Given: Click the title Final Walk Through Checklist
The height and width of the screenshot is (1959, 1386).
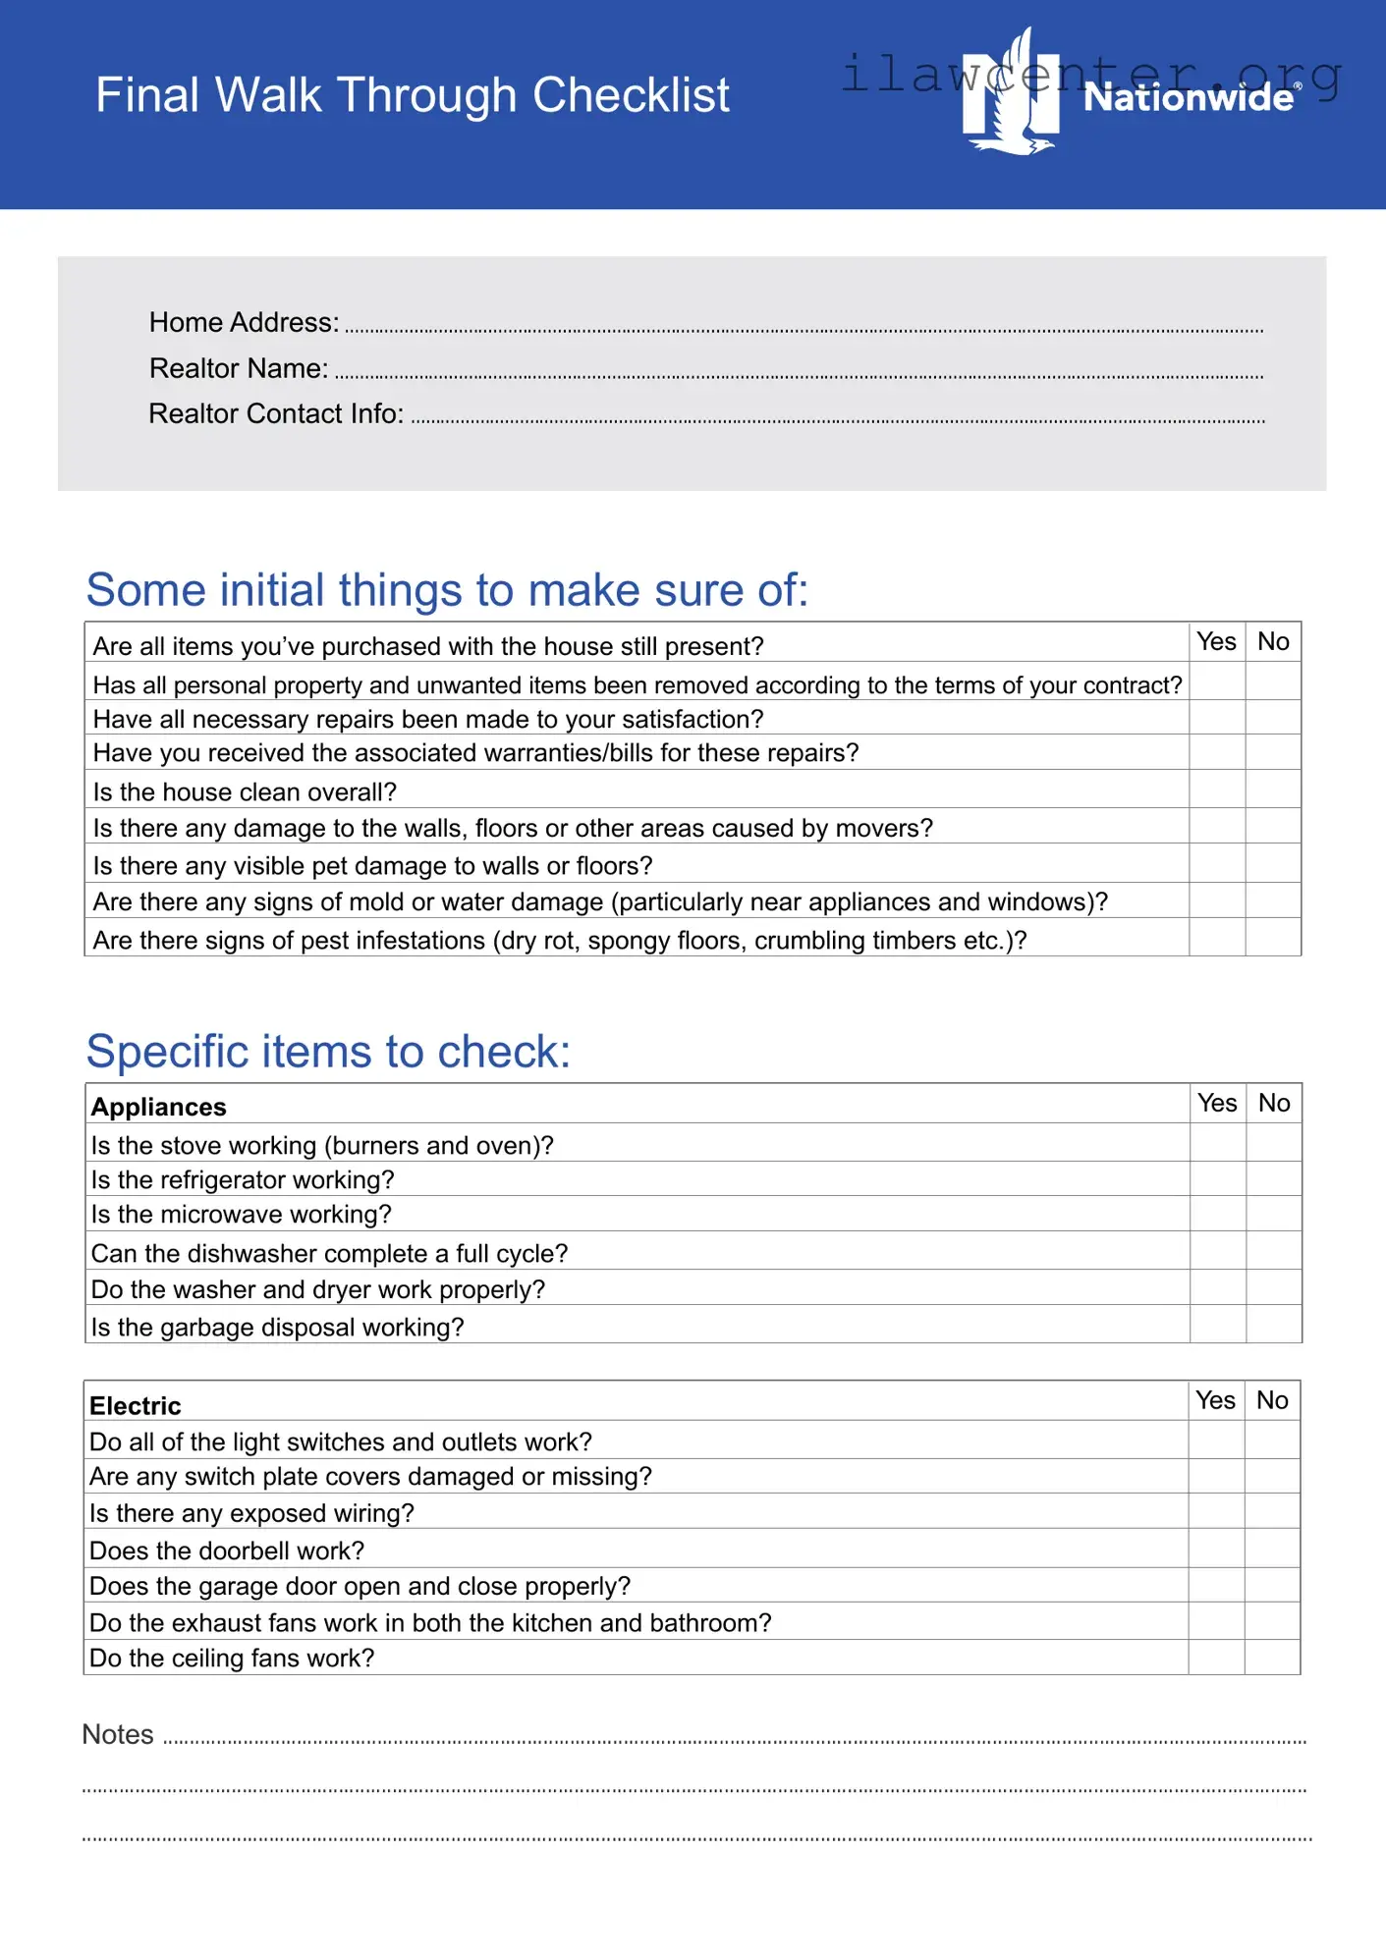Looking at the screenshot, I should click(412, 95).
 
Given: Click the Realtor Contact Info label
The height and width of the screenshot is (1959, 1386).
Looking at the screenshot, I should click(276, 413).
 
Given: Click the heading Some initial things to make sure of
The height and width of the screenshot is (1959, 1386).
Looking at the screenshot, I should click(447, 589).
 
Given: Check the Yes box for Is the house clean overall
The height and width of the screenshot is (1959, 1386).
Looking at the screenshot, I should click(1217, 789).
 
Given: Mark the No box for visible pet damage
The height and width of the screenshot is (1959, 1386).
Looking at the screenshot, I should click(1273, 863).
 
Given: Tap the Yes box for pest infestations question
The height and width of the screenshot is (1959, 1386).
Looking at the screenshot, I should click(1217, 937).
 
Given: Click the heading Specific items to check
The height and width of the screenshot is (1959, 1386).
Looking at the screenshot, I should click(328, 1051).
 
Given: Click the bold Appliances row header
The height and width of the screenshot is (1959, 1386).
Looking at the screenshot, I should click(159, 1107).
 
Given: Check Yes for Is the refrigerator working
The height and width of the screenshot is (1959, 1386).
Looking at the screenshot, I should click(1218, 1178).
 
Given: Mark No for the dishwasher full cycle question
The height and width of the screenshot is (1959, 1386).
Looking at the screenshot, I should click(1274, 1251).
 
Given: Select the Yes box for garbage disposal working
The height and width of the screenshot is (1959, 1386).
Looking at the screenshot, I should click(1218, 1324).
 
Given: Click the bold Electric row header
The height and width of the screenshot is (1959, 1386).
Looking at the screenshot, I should click(136, 1405).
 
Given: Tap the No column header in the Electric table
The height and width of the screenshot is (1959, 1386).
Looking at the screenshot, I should click(1272, 1400).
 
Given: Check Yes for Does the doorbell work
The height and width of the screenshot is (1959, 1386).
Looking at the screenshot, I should click(1216, 1549).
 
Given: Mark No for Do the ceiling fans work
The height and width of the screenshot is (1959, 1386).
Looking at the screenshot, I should click(1272, 1657).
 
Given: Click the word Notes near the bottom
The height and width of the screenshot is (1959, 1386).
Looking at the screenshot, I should click(118, 1734).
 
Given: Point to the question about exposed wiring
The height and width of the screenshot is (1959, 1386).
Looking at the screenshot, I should click(252, 1513).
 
